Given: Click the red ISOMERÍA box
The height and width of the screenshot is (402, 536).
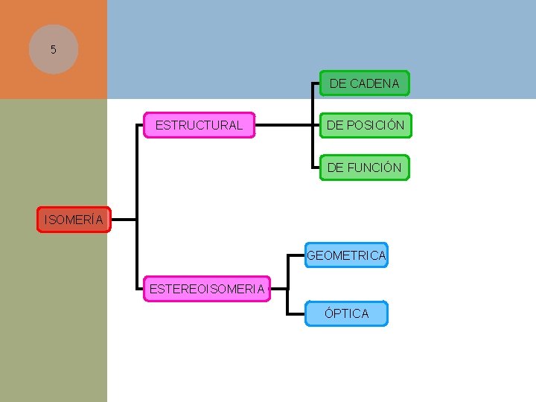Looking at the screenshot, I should pyautogui.click(x=74, y=220).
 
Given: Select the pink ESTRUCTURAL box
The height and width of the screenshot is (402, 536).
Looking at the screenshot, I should pyautogui.click(x=199, y=125).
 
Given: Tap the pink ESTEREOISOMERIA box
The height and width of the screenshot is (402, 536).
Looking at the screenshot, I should pyautogui.click(x=207, y=289).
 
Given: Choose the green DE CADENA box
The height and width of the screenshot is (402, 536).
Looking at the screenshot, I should pyautogui.click(x=364, y=83).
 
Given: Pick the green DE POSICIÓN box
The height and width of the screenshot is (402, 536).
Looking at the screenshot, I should pyautogui.click(x=365, y=125).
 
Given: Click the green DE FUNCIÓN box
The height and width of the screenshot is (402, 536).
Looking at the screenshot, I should pyautogui.click(x=364, y=167).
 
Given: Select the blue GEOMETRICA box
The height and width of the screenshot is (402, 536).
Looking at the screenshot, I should pyautogui.click(x=346, y=255).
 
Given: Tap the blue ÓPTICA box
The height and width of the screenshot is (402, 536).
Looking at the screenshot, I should pyautogui.click(x=346, y=313).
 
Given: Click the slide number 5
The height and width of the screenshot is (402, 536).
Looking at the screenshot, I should pyautogui.click(x=53, y=50).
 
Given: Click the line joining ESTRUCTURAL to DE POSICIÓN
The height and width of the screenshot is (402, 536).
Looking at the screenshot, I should pyautogui.click(x=283, y=125).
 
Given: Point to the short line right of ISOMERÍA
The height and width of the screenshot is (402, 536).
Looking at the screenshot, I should pyautogui.click(x=124, y=220).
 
